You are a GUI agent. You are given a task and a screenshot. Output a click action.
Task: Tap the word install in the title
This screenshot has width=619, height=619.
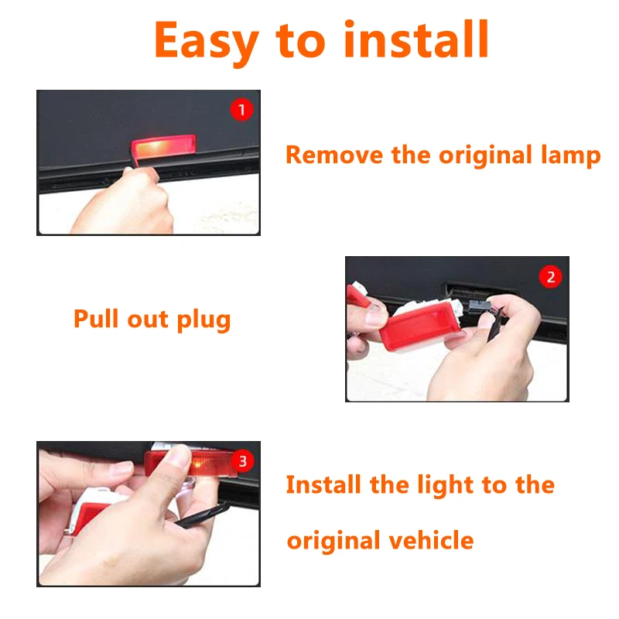click(416, 39)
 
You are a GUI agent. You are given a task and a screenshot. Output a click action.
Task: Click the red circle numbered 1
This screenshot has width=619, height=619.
click(241, 110)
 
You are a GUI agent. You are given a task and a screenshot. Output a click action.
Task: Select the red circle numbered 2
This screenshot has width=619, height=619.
click(550, 277)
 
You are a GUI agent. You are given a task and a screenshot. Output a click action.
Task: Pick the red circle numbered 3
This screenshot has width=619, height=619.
click(242, 460)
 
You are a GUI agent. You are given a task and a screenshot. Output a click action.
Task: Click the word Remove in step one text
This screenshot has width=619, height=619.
click(334, 155)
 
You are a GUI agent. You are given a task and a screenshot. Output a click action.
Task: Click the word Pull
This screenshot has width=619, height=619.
click(96, 319)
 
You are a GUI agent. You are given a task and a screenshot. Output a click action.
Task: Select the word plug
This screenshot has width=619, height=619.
click(203, 320)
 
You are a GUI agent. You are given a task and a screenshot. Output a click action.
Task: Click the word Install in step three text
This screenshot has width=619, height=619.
click(323, 484)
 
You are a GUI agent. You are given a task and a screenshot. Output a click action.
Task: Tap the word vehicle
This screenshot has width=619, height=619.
click(431, 540)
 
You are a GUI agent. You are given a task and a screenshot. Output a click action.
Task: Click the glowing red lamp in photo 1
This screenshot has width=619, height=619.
click(163, 146)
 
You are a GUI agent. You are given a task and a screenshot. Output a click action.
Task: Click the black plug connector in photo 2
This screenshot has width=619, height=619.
click(479, 306)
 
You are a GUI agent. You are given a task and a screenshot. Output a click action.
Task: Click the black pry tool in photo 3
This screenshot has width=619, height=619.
click(201, 515)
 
